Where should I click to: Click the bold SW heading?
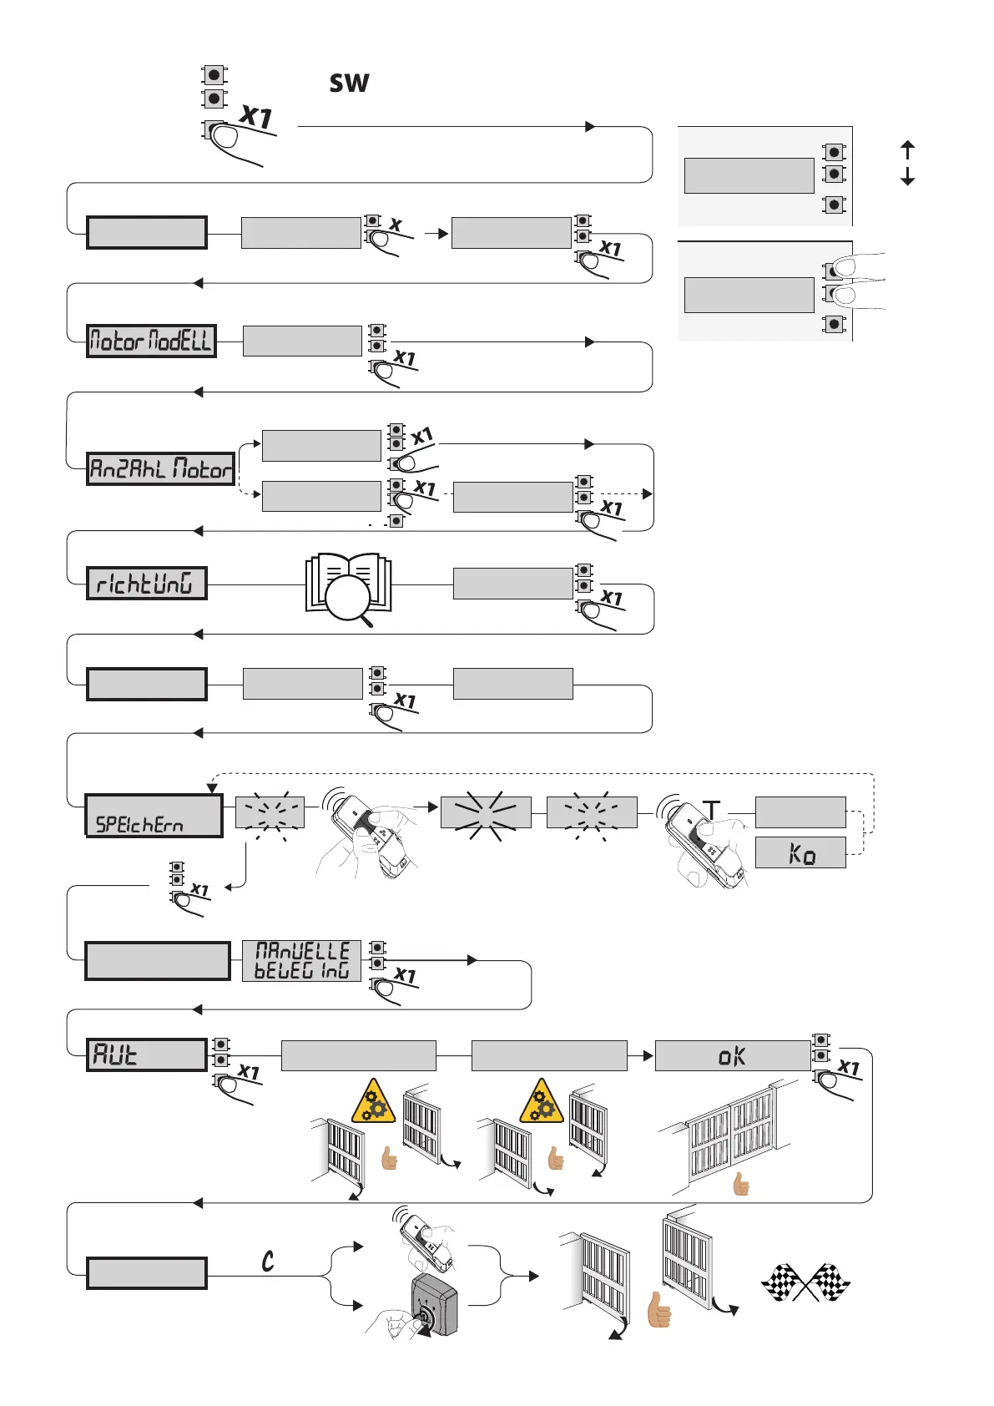(x=349, y=83)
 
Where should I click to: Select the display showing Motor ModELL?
(x=151, y=341)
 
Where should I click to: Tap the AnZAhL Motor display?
(x=160, y=468)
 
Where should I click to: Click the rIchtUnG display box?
(x=146, y=583)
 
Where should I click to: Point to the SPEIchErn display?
(x=154, y=816)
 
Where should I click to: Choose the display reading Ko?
(x=800, y=852)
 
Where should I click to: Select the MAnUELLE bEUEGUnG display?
(x=301, y=961)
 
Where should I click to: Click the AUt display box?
(x=146, y=1054)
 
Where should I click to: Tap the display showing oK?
(x=732, y=1055)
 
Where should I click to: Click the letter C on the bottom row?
(x=268, y=1261)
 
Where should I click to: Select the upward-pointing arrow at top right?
(x=908, y=149)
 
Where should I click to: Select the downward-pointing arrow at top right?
(x=908, y=176)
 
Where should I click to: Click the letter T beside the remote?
(x=711, y=809)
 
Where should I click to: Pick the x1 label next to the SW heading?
(x=256, y=116)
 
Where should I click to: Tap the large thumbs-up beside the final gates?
(x=659, y=1310)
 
